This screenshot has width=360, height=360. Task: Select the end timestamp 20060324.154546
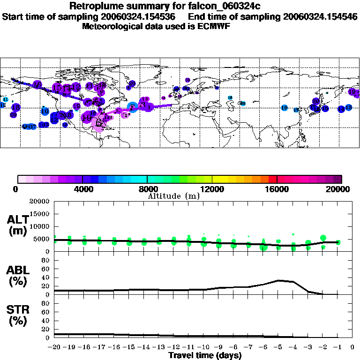tap(320, 16)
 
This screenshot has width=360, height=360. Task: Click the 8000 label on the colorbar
tap(147, 189)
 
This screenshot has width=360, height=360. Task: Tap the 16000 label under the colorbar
tap(277, 189)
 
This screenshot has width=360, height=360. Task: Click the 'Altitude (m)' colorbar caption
tap(173, 196)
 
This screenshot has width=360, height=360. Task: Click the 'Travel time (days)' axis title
tap(205, 355)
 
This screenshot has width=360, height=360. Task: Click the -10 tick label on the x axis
tap(204, 348)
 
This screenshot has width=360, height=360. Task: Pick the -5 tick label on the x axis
tap(278, 348)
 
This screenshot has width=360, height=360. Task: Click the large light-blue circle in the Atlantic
tap(133, 107)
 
